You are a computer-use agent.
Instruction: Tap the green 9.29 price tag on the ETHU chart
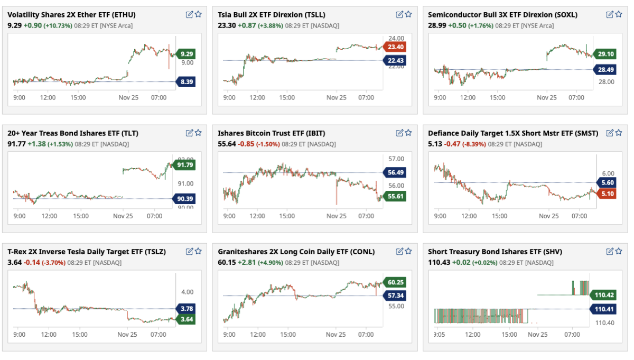point(187,54)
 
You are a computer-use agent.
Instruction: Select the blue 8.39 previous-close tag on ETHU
point(187,81)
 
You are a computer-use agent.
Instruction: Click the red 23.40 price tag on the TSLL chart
point(395,47)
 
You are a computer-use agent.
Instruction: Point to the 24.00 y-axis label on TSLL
point(396,39)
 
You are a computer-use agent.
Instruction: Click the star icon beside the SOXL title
point(619,15)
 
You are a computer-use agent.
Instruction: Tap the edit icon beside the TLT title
point(190,133)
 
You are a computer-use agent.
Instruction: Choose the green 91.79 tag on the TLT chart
point(186,165)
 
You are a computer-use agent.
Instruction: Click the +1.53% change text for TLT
point(60,144)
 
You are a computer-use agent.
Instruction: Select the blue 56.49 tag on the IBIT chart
point(395,172)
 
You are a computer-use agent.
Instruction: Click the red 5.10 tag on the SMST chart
point(608,194)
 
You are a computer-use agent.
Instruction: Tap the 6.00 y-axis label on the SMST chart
point(608,173)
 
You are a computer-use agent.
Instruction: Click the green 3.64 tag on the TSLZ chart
point(186,319)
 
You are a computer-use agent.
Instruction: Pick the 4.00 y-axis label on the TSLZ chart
point(188,292)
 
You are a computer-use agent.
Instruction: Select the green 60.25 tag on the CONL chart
point(395,283)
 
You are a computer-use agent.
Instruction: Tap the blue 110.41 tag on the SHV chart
point(603,309)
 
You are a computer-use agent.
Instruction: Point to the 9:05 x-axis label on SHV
point(440,335)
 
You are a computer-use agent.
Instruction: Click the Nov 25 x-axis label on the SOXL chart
point(547,98)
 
